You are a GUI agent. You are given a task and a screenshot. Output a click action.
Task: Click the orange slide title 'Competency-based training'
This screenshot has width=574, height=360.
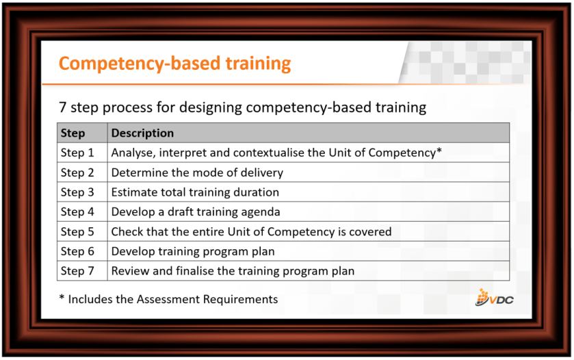click(x=174, y=64)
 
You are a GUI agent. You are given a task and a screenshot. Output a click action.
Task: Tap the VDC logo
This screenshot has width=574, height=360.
click(x=494, y=297)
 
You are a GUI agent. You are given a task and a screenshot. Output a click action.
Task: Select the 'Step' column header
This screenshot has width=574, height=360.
click(x=73, y=133)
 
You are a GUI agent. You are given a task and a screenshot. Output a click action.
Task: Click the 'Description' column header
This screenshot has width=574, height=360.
click(x=142, y=133)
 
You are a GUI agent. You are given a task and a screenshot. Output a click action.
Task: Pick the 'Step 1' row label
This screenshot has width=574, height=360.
click(x=77, y=153)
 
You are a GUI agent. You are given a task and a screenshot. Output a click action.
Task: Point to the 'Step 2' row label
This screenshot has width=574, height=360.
click(x=77, y=172)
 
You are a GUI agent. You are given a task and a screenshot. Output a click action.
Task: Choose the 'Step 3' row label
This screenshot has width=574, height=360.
click(x=77, y=192)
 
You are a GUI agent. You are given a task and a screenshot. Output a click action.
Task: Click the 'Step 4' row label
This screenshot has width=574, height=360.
click(x=77, y=211)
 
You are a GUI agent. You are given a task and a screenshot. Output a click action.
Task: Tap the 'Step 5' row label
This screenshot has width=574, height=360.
click(x=77, y=231)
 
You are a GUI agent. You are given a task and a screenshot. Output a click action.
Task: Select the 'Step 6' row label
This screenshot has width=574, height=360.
click(x=77, y=251)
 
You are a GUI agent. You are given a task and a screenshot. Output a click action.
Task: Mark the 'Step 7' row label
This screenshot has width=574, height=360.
click(x=77, y=271)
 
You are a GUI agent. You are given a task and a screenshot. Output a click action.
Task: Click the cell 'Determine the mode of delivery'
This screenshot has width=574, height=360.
click(x=197, y=172)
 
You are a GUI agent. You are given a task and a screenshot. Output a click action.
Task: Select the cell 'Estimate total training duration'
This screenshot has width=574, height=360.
click(x=195, y=192)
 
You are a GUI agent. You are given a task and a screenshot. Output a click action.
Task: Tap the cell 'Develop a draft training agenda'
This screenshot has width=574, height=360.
click(x=196, y=211)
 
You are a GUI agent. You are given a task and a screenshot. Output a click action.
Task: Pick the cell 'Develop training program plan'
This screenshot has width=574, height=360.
click(x=193, y=251)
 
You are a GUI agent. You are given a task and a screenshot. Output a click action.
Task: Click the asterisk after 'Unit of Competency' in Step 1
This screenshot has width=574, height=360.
click(x=439, y=150)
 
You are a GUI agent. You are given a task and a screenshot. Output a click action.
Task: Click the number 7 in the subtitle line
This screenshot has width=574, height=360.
click(x=62, y=107)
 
